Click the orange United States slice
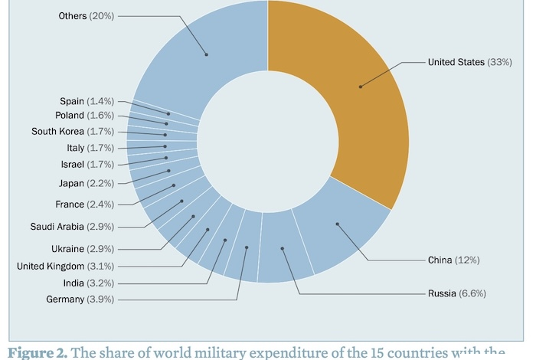(360, 87)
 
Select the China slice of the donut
(337, 224)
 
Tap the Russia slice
(283, 248)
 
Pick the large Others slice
(205, 54)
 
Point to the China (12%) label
(453, 260)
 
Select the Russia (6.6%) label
(457, 293)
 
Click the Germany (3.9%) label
(80, 299)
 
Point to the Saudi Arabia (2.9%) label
(72, 227)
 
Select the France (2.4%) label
(84, 205)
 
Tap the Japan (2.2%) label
(86, 183)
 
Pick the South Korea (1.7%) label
(73, 131)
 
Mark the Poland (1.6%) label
(84, 115)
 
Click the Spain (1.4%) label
(87, 101)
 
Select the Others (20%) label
(86, 15)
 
